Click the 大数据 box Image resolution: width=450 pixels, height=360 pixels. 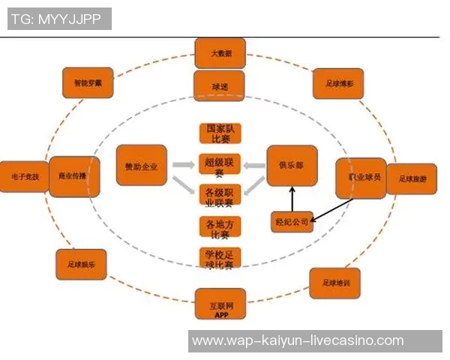(x=220, y=53)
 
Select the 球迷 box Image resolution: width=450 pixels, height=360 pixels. (x=220, y=86)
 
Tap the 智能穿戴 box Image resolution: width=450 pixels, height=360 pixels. (x=88, y=82)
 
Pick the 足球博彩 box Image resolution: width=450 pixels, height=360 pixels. (x=337, y=83)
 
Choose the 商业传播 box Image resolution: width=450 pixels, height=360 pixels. (x=73, y=176)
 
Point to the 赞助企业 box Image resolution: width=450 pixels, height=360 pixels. (x=141, y=165)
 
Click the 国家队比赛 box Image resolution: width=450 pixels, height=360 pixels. (x=220, y=133)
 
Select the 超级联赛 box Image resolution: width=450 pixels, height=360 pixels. (x=220, y=166)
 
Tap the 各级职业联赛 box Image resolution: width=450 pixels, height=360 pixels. (x=220, y=196)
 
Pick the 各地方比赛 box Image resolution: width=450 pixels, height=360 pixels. (x=220, y=227)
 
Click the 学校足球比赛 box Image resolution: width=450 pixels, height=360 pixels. (x=220, y=259)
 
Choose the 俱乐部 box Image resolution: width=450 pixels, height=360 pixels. (x=292, y=166)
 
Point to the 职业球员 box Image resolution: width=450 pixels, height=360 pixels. (x=360, y=178)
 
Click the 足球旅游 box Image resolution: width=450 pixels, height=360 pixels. (x=412, y=179)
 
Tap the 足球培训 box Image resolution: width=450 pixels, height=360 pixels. (x=335, y=283)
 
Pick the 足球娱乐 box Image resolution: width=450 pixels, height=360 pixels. (x=81, y=264)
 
